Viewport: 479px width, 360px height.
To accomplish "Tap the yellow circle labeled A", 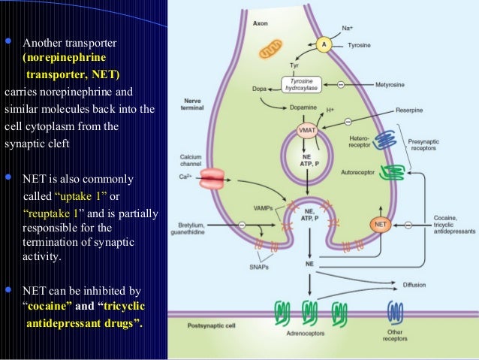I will pos(324,44).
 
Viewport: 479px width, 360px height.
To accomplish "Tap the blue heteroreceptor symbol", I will pos(387,141).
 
